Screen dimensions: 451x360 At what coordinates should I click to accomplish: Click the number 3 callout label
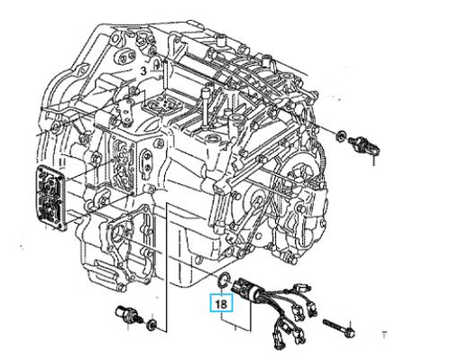[x=143, y=71]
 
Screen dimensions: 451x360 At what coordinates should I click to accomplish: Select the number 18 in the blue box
[x=221, y=303]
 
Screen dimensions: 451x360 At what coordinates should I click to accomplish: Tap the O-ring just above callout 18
[x=224, y=279]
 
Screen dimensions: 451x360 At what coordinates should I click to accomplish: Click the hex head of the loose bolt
[x=349, y=332]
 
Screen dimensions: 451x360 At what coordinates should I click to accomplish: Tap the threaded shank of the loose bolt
[x=334, y=326]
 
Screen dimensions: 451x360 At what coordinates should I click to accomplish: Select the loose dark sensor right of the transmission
[x=364, y=144]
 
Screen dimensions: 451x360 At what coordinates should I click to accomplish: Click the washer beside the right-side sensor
[x=341, y=135]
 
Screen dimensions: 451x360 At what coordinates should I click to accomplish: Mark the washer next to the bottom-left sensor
[x=152, y=325]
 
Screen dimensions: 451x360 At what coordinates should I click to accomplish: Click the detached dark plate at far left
[x=51, y=198]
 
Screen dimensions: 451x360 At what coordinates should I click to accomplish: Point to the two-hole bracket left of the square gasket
[x=127, y=110]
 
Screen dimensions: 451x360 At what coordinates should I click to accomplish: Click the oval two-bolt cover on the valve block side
[x=147, y=162]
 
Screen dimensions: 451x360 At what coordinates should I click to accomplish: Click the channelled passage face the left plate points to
[x=123, y=163]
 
